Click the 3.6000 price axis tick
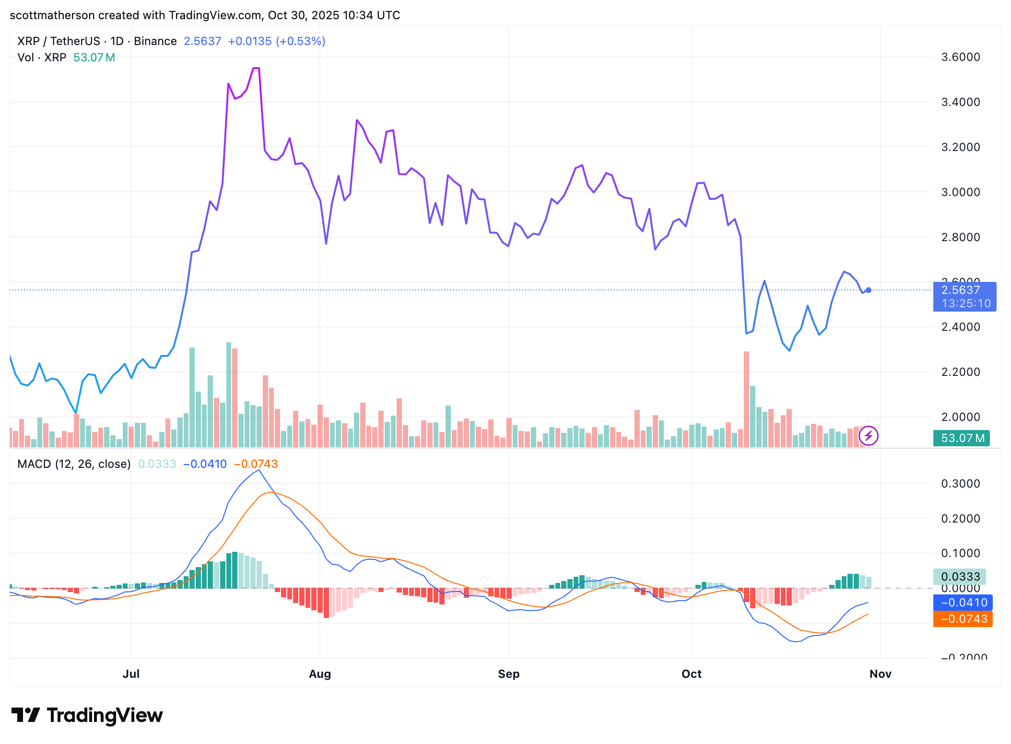960,57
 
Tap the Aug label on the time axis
320,674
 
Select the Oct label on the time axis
691,674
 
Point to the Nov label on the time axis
880,674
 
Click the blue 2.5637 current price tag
964,296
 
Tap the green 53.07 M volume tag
962,438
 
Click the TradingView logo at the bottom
87,715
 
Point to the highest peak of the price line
256,69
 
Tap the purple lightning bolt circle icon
868,436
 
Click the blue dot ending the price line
868,290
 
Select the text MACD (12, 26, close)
74,464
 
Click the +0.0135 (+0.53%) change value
276,41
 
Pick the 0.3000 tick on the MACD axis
960,483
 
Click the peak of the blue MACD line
259,470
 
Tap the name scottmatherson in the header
52,15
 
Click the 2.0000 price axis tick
960,417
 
